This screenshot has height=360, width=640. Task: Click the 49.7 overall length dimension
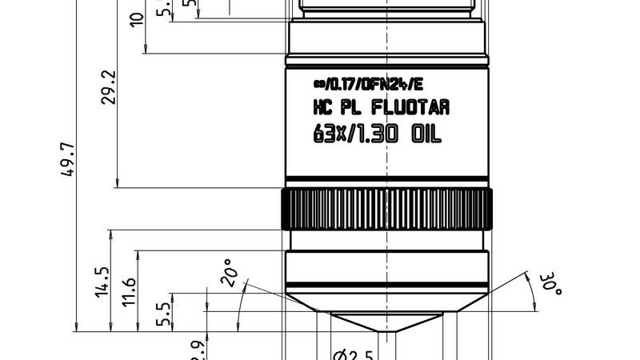68,160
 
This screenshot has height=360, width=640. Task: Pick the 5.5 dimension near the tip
165,313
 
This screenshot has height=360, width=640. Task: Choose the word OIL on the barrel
426,135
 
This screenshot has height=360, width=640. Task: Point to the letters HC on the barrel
324,107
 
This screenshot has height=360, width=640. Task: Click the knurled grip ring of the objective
386,210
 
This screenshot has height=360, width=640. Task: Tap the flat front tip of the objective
386,330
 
